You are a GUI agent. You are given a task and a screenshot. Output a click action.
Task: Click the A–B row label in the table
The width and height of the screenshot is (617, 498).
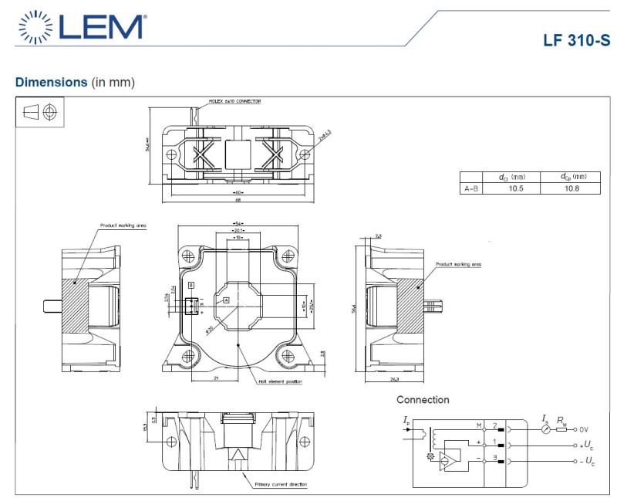tap(470, 188)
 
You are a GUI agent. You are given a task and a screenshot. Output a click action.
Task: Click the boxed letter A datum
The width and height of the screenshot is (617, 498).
tap(226, 298)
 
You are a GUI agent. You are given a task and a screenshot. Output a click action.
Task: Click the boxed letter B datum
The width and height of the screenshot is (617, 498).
tap(190, 286)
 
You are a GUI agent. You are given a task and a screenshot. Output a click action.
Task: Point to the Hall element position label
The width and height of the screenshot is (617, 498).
tap(280, 381)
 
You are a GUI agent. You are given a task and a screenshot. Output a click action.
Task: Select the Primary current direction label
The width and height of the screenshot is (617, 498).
tap(281, 484)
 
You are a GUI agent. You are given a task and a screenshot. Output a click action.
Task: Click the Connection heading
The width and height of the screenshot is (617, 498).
tap(423, 400)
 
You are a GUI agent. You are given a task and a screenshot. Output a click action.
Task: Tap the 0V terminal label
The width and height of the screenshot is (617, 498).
tap(584, 429)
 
